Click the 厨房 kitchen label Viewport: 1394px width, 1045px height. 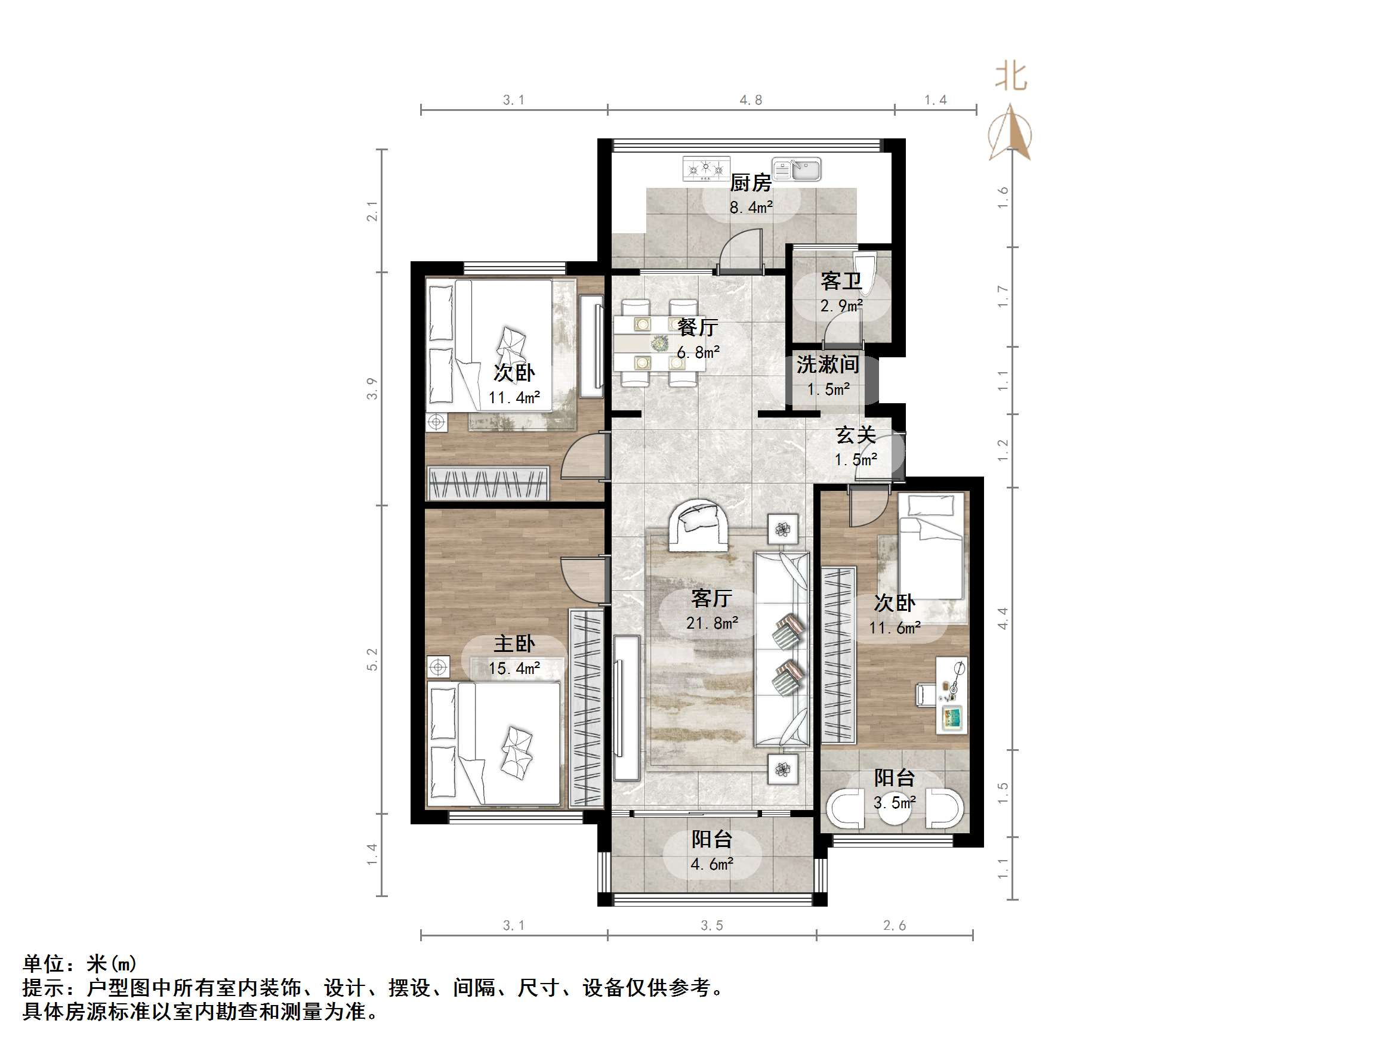pyautogui.click(x=751, y=183)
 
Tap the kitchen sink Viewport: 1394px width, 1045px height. pyautogui.click(x=797, y=169)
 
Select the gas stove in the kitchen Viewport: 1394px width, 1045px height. pyautogui.click(x=706, y=168)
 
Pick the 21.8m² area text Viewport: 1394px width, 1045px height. pyautogui.click(x=712, y=623)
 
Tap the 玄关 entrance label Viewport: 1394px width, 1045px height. pyautogui.click(x=855, y=435)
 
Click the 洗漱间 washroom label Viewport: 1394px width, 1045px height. pyautogui.click(x=828, y=364)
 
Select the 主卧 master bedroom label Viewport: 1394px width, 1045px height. pyautogui.click(x=514, y=644)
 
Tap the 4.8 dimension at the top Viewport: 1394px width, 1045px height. pyautogui.click(x=751, y=100)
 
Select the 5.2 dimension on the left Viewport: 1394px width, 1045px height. pyautogui.click(x=372, y=659)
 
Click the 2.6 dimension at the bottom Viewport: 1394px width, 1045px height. pyautogui.click(x=895, y=925)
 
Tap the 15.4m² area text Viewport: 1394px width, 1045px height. pyautogui.click(x=514, y=668)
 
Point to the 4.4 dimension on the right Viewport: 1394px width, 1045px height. pyautogui.click(x=1003, y=618)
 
